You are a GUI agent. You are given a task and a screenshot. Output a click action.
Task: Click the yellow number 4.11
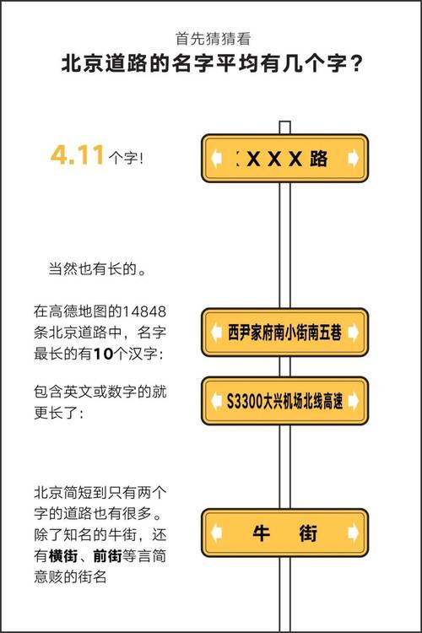pos(77,155)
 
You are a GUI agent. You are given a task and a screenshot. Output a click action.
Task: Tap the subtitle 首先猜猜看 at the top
pos(213,39)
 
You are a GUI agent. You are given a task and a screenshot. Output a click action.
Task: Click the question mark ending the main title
pos(356,64)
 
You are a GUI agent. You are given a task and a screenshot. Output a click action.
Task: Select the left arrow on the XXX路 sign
pos(217,158)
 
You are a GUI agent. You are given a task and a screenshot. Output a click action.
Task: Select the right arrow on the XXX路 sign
pos(353,158)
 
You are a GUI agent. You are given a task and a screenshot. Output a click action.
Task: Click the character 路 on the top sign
pos(319,159)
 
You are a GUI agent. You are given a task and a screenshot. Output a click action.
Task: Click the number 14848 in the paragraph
pos(144,311)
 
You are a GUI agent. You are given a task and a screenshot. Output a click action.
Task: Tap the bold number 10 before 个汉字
pos(103,354)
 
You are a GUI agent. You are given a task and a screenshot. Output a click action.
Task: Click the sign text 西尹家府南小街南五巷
pos(284,333)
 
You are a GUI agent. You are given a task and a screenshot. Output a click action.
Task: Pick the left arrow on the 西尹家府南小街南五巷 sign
pos(217,333)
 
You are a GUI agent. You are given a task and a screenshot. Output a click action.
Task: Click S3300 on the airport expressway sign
pos(244,401)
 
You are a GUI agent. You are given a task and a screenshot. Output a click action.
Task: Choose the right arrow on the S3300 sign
pos(353,400)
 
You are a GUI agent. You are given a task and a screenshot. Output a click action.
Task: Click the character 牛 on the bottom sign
pos(262,533)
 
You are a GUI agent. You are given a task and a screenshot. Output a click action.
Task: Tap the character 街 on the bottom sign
pos(308,533)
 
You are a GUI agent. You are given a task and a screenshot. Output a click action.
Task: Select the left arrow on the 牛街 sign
pos(217,533)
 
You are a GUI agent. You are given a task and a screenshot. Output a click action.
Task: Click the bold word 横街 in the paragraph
pos(63,556)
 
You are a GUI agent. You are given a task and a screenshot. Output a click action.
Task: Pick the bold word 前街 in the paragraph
pos(107,556)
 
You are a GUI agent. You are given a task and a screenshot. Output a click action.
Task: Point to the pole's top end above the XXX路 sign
pos(284,122)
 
